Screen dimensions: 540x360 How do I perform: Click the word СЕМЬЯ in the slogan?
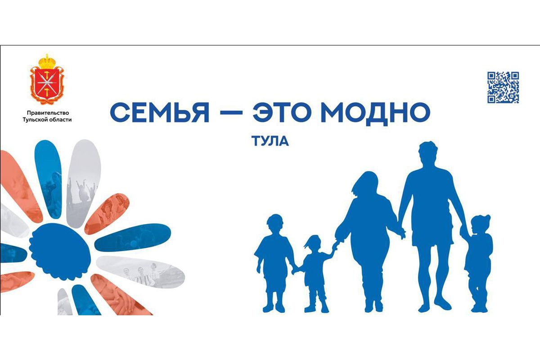[x=159, y=113]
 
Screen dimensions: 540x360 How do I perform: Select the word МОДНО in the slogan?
[x=376, y=113]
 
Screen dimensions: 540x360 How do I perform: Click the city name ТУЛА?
[x=270, y=141]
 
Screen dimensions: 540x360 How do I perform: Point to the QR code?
[x=503, y=87]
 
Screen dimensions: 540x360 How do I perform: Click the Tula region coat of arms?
[x=47, y=80]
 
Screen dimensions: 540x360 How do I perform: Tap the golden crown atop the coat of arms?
[x=47, y=61]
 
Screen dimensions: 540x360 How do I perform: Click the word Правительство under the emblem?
[x=48, y=112]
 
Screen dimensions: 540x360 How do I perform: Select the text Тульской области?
[x=47, y=120]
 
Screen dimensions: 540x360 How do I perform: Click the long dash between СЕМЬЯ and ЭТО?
[x=231, y=113]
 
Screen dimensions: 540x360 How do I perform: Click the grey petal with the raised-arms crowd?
[x=83, y=183]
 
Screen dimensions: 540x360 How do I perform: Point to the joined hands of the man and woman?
[x=401, y=233]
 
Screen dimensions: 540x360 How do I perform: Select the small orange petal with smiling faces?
[x=107, y=214]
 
